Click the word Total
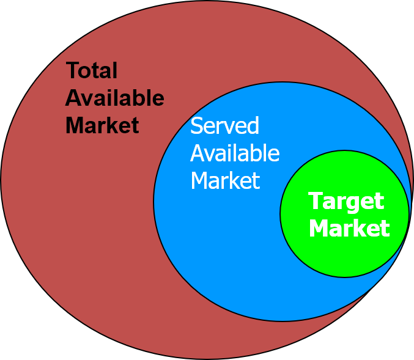(91, 71)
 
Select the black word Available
(114, 98)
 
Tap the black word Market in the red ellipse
(102, 125)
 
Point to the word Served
(224, 126)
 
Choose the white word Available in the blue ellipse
(235, 153)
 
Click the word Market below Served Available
(225, 181)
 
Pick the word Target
(346, 202)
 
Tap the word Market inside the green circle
(349, 229)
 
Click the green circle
(344, 257)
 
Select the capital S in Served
(196, 126)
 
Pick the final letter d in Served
(253, 126)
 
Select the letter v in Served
(229, 128)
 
